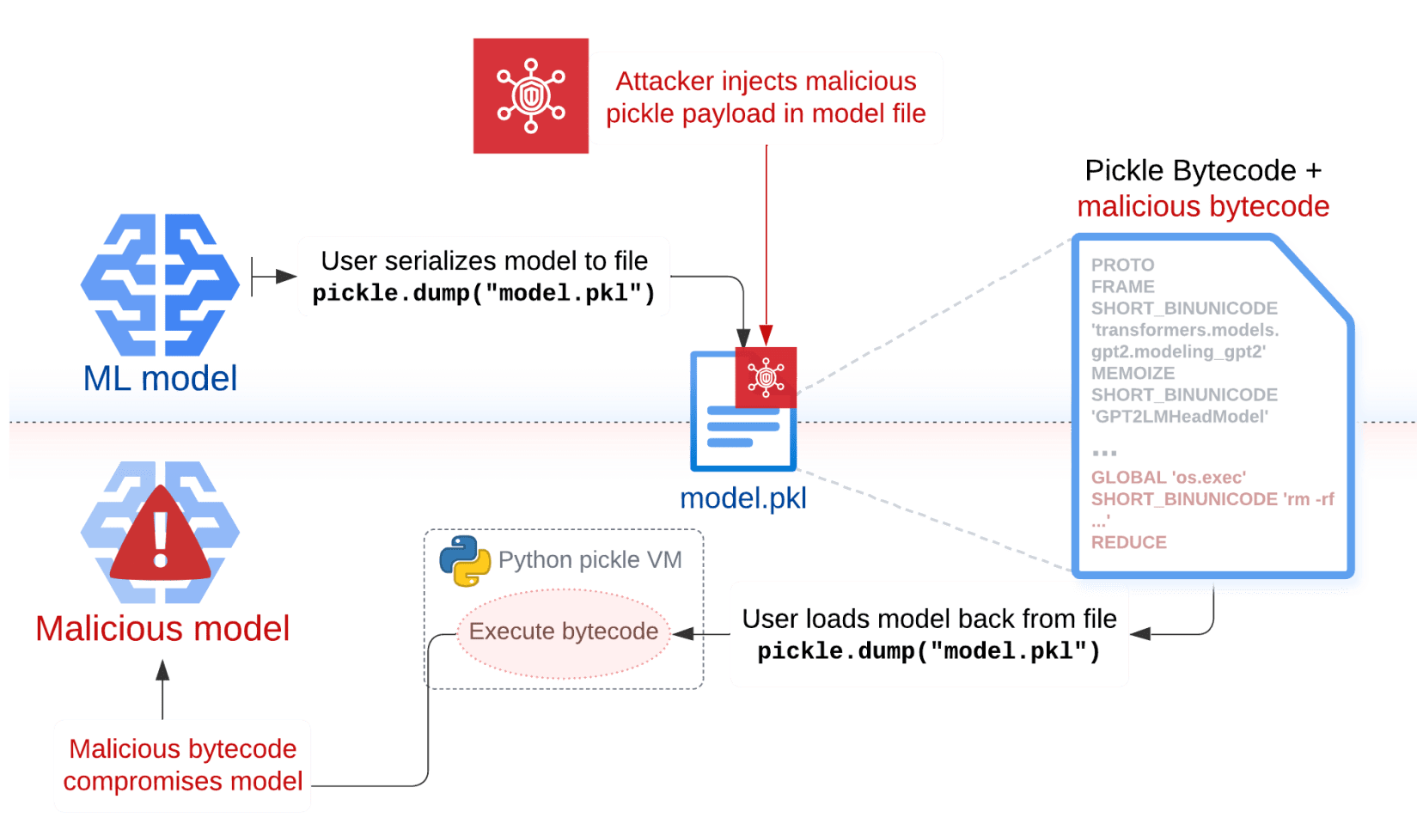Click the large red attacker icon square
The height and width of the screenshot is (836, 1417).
click(x=530, y=95)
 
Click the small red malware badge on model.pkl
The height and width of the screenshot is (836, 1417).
click(x=766, y=377)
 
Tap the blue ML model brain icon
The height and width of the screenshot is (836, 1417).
click(x=160, y=284)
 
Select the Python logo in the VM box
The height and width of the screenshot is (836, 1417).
click(x=465, y=561)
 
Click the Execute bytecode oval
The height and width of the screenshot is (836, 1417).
click(x=564, y=632)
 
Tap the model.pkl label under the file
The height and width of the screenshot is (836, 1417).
click(x=742, y=498)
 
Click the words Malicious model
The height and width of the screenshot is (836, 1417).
click(x=162, y=629)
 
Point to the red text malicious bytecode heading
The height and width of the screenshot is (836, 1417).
click(x=1203, y=206)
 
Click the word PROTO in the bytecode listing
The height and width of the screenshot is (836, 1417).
click(x=1122, y=265)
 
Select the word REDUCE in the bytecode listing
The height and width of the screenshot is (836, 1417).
click(x=1128, y=543)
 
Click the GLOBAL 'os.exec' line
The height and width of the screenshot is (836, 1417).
click(x=1168, y=478)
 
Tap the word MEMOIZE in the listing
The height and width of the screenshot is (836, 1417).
click(x=1133, y=374)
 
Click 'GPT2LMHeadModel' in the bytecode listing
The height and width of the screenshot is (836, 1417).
click(x=1179, y=417)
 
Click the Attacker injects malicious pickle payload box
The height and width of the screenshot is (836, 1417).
click(x=766, y=98)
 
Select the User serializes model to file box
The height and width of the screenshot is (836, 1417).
click(x=484, y=277)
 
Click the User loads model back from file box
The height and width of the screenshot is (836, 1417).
click(x=929, y=635)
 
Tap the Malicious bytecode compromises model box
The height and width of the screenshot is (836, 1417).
click(x=182, y=766)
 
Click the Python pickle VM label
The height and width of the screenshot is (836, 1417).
click(x=590, y=560)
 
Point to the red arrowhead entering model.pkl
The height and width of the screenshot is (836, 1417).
click(x=767, y=336)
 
